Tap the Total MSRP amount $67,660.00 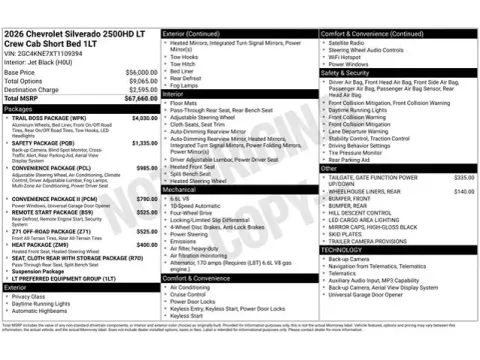pos(138,98)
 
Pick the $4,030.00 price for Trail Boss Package pos(146,117)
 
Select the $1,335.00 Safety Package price pos(146,143)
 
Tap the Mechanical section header pos(180,188)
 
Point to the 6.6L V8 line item pos(181,197)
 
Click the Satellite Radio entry pos(345,43)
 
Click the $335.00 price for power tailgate pos(463,177)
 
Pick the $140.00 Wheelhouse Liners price pos(463,191)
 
